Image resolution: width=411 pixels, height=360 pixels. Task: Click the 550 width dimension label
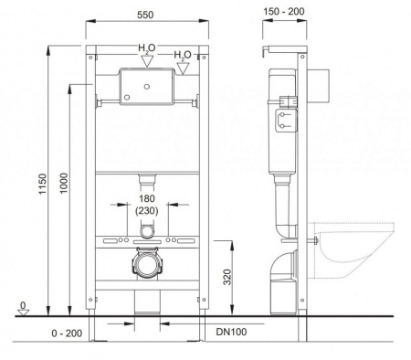[145, 15]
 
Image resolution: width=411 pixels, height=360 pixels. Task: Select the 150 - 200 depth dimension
[284, 12]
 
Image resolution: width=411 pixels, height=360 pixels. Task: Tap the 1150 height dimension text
[43, 184]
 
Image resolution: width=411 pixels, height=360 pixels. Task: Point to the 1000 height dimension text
[64, 183]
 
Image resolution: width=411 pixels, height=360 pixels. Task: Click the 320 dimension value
[227, 277]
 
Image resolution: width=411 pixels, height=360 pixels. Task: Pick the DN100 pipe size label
[231, 332]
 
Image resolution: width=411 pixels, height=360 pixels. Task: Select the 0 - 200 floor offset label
[67, 334]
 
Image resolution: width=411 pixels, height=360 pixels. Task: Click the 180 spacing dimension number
[147, 198]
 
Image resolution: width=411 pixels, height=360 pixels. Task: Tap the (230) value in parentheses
[147, 211]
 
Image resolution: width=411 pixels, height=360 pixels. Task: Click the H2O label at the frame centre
[147, 48]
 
